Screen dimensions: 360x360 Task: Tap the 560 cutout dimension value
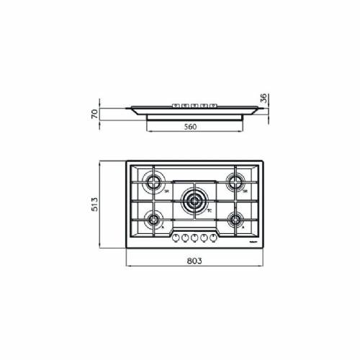(190, 125)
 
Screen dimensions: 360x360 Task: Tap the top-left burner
(153, 181)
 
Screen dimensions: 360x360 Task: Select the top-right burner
(234, 181)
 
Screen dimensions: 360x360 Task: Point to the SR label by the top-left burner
(166, 192)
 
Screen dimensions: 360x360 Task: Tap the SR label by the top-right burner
(245, 192)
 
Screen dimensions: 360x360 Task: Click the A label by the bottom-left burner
(163, 228)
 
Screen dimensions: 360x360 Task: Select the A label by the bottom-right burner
(244, 228)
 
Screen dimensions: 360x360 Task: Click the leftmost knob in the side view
(175, 107)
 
